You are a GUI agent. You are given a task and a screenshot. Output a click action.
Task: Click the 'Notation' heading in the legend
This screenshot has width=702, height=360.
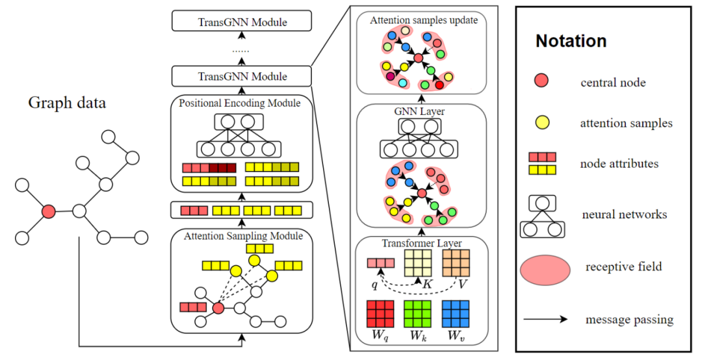tap(571, 41)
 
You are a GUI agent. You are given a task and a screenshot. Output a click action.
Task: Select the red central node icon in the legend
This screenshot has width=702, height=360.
tap(541, 81)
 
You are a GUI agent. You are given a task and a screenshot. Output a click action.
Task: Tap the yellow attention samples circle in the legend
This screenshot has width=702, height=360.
tap(541, 122)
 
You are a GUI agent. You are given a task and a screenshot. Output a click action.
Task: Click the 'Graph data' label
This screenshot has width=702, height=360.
tap(67, 103)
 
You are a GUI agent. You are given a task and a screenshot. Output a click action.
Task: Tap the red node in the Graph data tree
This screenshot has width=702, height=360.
tap(47, 211)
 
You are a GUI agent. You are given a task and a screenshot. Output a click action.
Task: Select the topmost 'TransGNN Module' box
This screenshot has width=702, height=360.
tap(242, 22)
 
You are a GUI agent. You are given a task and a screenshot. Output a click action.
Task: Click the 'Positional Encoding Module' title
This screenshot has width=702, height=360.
tap(240, 103)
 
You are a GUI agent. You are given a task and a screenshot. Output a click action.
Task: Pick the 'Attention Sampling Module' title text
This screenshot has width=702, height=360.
tap(243, 236)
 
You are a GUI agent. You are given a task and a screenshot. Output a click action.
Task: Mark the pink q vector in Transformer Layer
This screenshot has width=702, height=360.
tap(381, 263)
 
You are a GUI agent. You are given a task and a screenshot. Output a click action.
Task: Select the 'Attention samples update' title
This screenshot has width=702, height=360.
tap(424, 20)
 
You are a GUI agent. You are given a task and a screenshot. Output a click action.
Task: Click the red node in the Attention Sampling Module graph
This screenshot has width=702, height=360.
tap(218, 307)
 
